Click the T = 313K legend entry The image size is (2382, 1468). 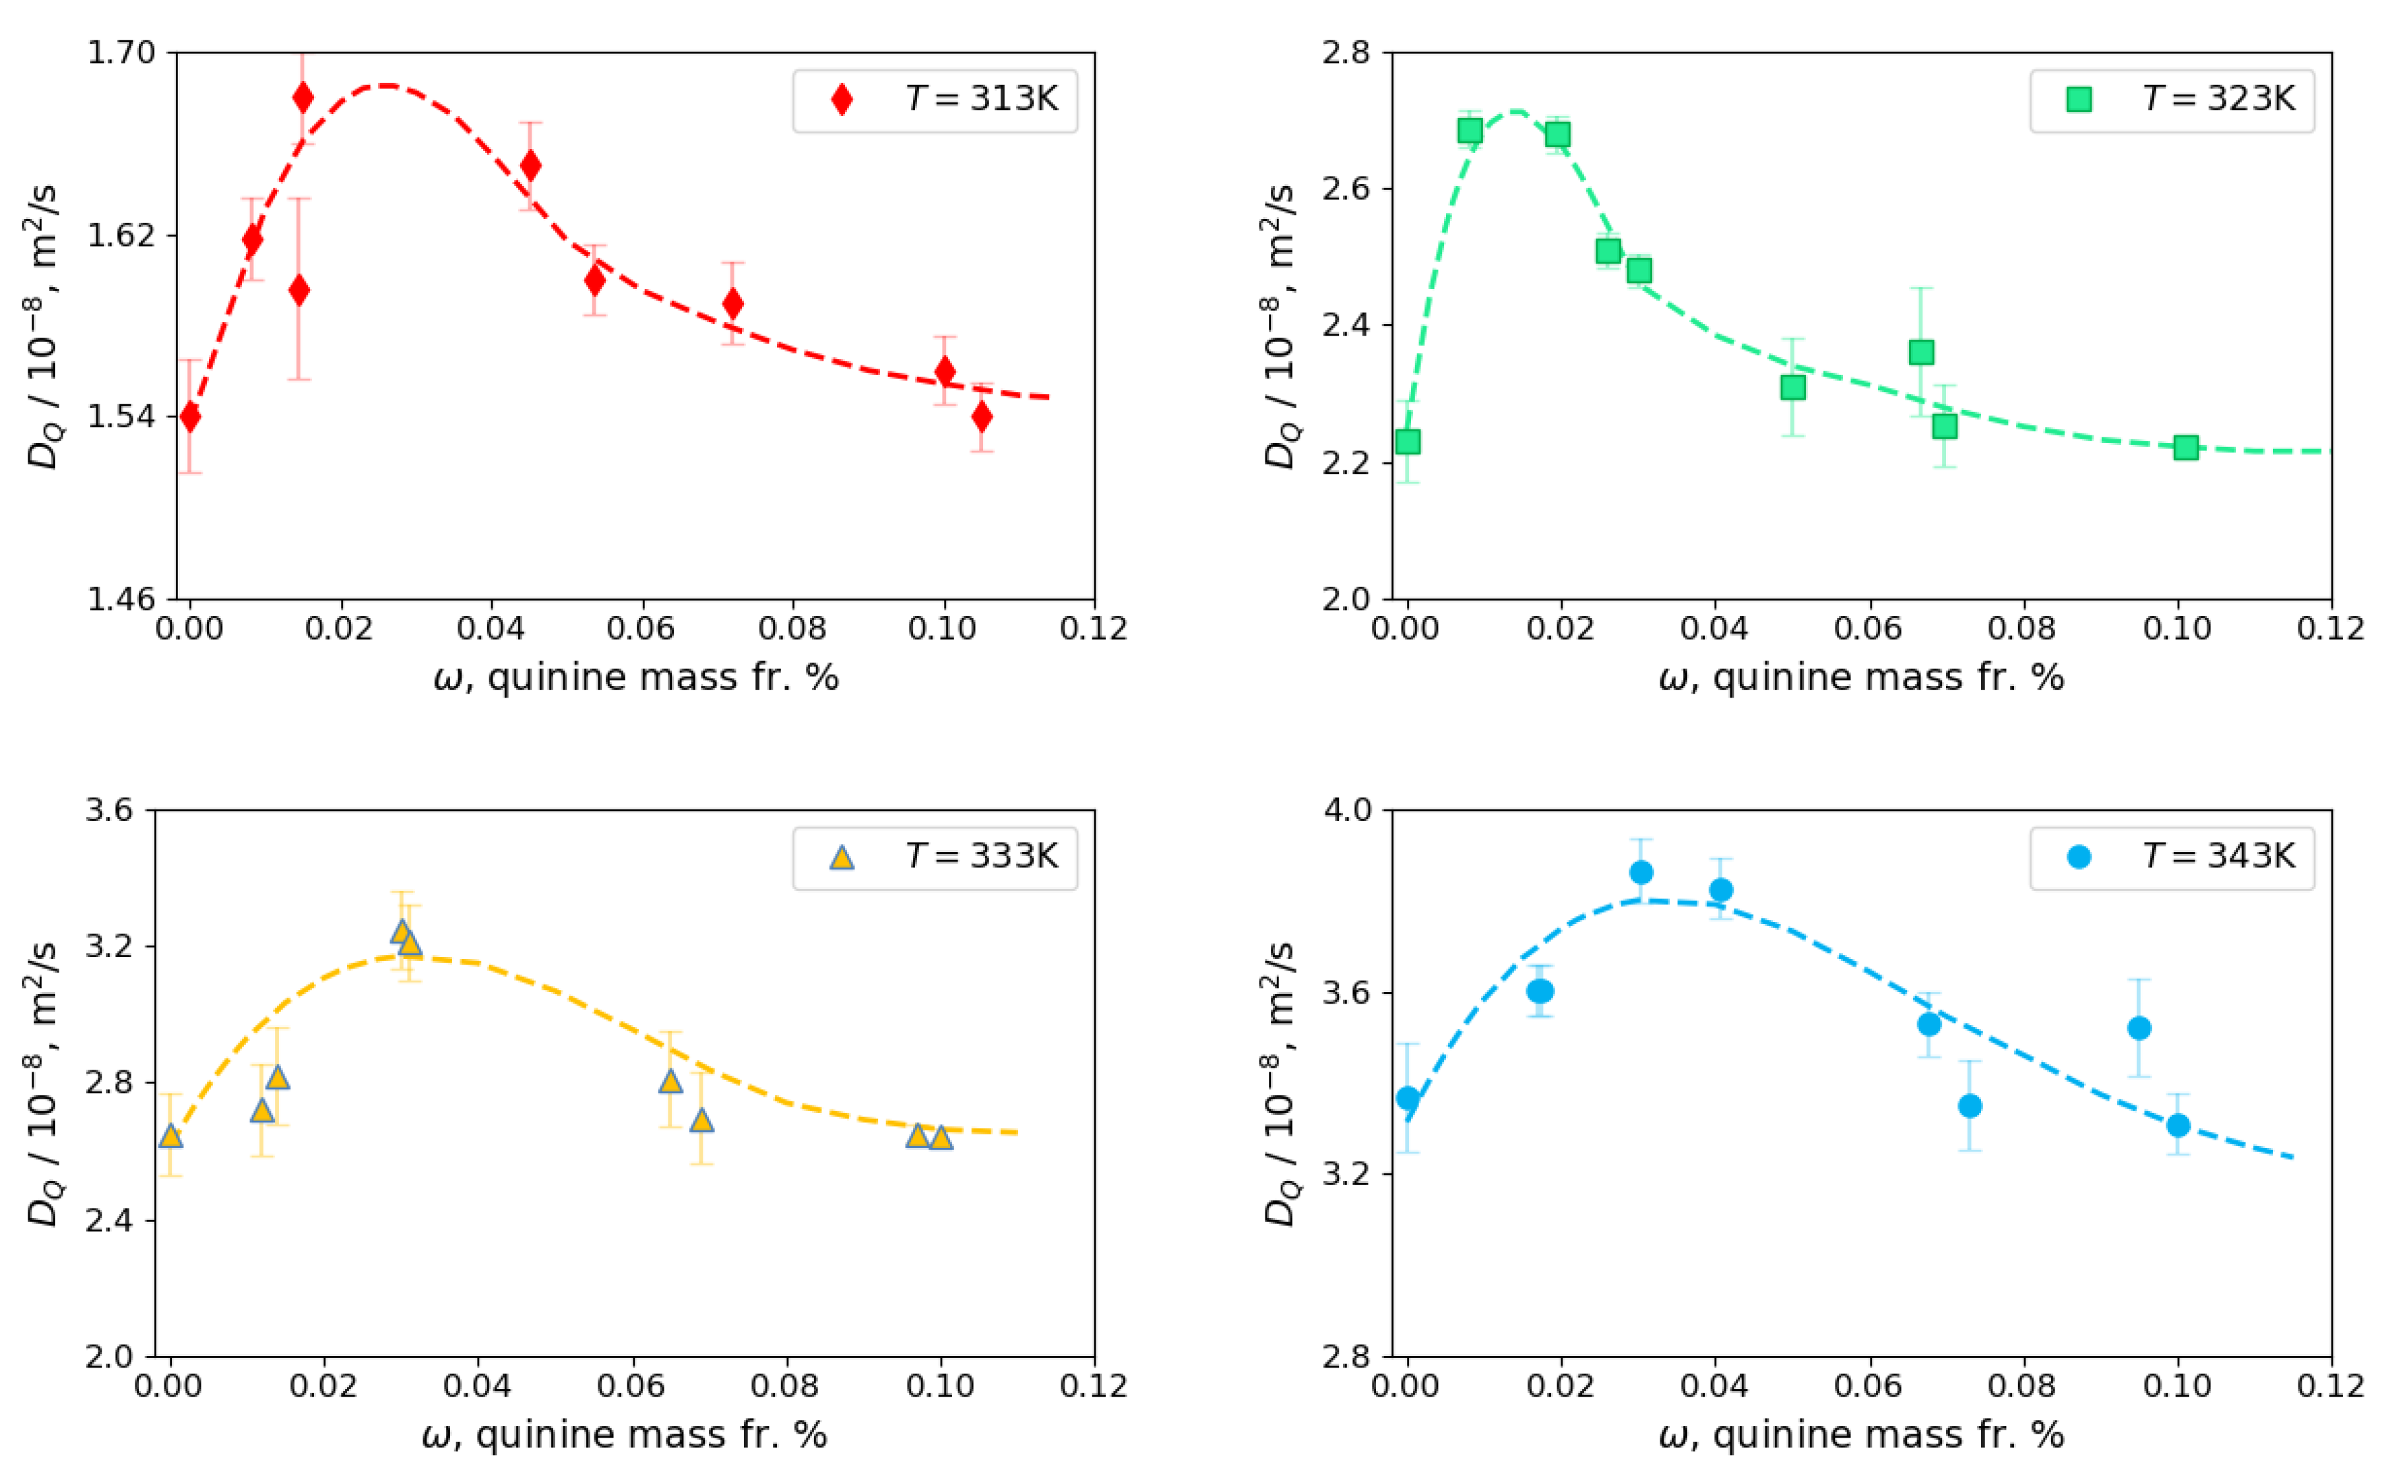pyautogui.click(x=935, y=99)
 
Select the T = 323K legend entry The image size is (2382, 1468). pyautogui.click(x=2171, y=99)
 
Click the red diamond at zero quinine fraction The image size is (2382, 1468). pyautogui.click(x=190, y=417)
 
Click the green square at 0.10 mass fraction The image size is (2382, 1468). pyautogui.click(x=2185, y=448)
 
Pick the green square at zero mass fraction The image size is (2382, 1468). pyautogui.click(x=1408, y=441)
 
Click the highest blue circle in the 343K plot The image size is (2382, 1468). pyautogui.click(x=1640, y=872)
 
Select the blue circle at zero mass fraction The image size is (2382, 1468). pyautogui.click(x=1408, y=1098)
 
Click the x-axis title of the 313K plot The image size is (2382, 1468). pyautogui.click(x=636, y=677)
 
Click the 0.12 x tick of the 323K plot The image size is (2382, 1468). pyautogui.click(x=2329, y=628)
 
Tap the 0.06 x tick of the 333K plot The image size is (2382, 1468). pyautogui.click(x=631, y=1386)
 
